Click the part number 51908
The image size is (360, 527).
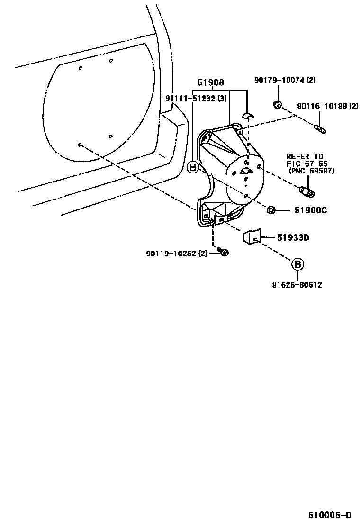tap(211, 83)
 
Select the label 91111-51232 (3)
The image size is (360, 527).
tap(196, 99)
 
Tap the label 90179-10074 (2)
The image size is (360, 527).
tap(284, 80)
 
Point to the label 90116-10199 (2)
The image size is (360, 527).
tap(327, 106)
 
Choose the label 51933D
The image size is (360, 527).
tap(293, 238)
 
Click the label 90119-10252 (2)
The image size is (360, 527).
tap(177, 253)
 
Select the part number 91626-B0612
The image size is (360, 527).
tap(297, 285)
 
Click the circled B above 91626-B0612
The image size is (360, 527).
tap(297, 264)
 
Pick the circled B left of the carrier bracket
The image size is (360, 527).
tap(192, 167)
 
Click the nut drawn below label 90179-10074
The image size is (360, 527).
tap(278, 105)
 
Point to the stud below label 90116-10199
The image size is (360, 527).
tap(320, 128)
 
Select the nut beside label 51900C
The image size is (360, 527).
tap(272, 210)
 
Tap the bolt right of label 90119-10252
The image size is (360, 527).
tap(225, 253)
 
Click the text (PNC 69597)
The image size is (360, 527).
tap(311, 171)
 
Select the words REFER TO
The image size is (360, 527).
tap(305, 157)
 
